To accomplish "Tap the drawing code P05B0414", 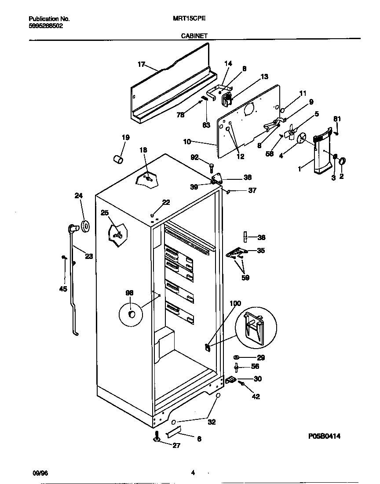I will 324,436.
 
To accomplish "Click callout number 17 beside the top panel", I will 141,65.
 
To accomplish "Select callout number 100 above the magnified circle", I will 235,303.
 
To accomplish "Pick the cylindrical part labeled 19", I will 118,158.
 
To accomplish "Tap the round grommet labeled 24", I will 85,226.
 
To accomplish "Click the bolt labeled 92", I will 212,167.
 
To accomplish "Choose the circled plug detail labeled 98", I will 131,314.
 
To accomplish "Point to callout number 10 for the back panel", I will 186,142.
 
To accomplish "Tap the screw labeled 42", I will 242,384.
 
